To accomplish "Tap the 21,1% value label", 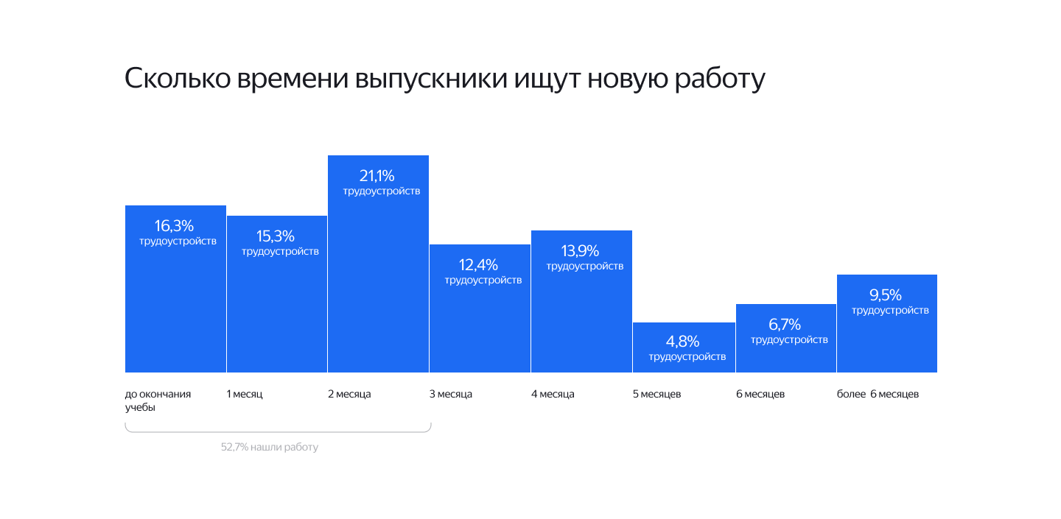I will coord(377,176).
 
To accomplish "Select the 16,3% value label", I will coord(175,226).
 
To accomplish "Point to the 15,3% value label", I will coord(276,236).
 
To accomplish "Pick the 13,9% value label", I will coord(581,251).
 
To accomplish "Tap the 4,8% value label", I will coord(683,342).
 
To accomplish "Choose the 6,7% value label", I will coord(785,325).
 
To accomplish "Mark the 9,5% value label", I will coord(886,295).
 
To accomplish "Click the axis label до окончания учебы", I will coord(158,400).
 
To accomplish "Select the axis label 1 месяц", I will coord(245,395).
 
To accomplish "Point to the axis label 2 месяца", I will coord(349,395).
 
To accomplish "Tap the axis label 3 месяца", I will coord(451,395).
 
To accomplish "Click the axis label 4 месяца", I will coord(553,395).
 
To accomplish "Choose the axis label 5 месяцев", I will coord(656,395).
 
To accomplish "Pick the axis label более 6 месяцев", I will coord(878,395).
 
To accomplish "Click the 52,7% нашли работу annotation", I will coord(270,447).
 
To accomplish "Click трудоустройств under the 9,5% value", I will coord(890,311).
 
